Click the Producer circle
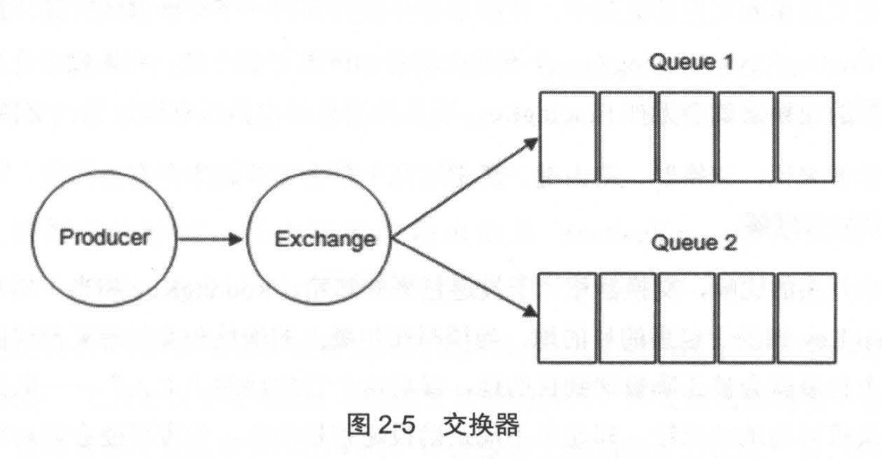[104, 238]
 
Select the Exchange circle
[319, 239]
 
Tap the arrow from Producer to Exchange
[210, 239]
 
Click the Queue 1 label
[691, 62]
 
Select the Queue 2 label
[694, 242]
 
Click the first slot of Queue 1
[568, 136]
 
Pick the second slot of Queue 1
[628, 136]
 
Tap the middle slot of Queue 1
[687, 136]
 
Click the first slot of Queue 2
[568, 318]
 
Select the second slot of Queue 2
[628, 318]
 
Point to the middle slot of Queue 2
[687, 318]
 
